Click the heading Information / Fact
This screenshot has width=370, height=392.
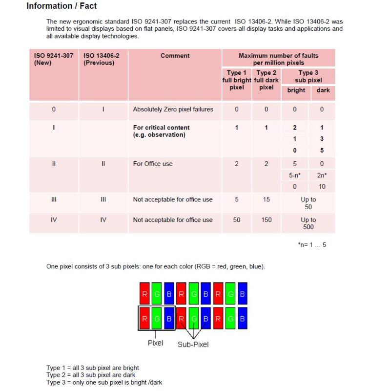(x=62, y=6)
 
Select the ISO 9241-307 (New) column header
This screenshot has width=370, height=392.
(x=54, y=59)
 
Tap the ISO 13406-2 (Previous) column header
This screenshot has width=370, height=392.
(x=102, y=59)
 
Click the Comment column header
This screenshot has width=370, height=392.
(x=175, y=56)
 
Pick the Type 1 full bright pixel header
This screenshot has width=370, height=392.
(x=237, y=80)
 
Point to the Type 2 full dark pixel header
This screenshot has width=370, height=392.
(x=266, y=80)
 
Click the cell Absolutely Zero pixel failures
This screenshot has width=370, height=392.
(x=173, y=109)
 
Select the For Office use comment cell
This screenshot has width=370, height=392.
(x=153, y=164)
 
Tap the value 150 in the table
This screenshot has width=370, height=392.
(x=266, y=220)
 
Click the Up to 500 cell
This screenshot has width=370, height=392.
(x=308, y=223)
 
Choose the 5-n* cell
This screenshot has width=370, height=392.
(x=295, y=175)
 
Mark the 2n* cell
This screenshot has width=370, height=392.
(x=322, y=175)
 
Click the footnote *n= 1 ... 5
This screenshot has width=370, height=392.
(x=312, y=245)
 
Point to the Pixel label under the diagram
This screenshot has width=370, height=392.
(x=155, y=343)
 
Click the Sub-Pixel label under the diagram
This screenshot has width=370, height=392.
(x=193, y=344)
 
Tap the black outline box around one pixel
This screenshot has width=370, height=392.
(x=156, y=318)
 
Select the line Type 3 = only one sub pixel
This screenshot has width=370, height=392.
(x=104, y=382)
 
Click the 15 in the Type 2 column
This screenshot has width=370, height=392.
(x=266, y=199)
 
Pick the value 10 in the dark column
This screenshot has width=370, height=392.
(x=322, y=187)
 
